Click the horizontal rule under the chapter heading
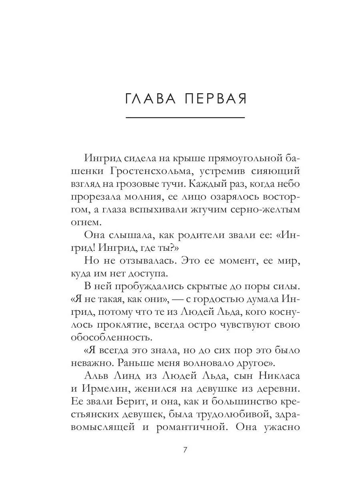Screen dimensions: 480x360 tap(185, 118)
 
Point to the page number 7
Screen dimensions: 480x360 tap(185, 449)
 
